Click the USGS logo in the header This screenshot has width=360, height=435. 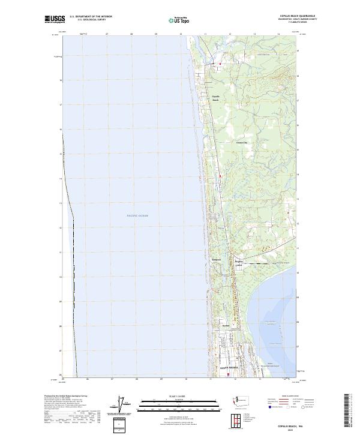pyautogui.click(x=55, y=19)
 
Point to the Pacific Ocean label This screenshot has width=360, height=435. pyautogui.click(x=137, y=215)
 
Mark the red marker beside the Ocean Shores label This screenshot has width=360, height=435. pyautogui.click(x=228, y=375)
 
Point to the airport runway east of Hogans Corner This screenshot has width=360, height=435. pyautogui.click(x=260, y=263)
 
